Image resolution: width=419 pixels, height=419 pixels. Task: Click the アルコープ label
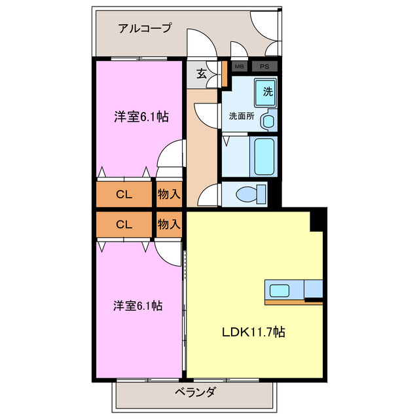[145, 28]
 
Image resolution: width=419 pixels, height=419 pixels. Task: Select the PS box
[264, 66]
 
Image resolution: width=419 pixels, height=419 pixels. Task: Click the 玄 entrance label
[202, 74]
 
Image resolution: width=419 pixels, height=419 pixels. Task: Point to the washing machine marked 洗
[267, 92]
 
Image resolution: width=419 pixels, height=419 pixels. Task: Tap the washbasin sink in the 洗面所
[267, 121]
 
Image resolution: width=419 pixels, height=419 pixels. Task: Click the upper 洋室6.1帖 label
[141, 117]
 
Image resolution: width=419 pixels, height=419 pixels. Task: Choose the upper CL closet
[124, 194]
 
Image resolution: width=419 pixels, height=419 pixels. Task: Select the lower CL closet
[124, 224]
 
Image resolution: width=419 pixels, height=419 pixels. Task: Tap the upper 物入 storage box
[169, 194]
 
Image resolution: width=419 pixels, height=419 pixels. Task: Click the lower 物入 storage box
[169, 224]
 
